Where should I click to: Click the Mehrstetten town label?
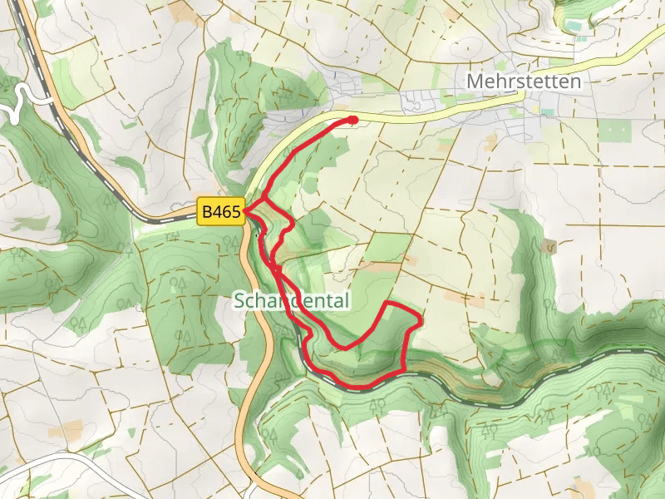[x=524, y=82]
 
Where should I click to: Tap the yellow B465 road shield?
[x=220, y=213]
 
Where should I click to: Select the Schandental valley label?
[x=290, y=300]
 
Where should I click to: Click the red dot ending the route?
[x=353, y=121]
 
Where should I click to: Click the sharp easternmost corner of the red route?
[x=421, y=319]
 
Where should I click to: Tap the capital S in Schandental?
[x=239, y=300]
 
